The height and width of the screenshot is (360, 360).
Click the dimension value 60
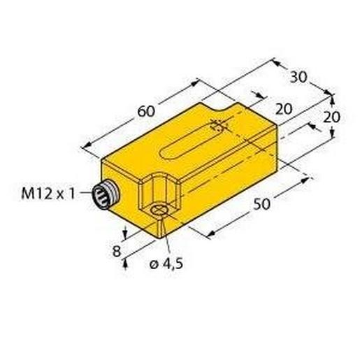[146, 111]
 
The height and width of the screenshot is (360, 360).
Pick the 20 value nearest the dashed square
[284, 109]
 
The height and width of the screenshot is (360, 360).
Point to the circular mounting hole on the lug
[159, 210]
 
